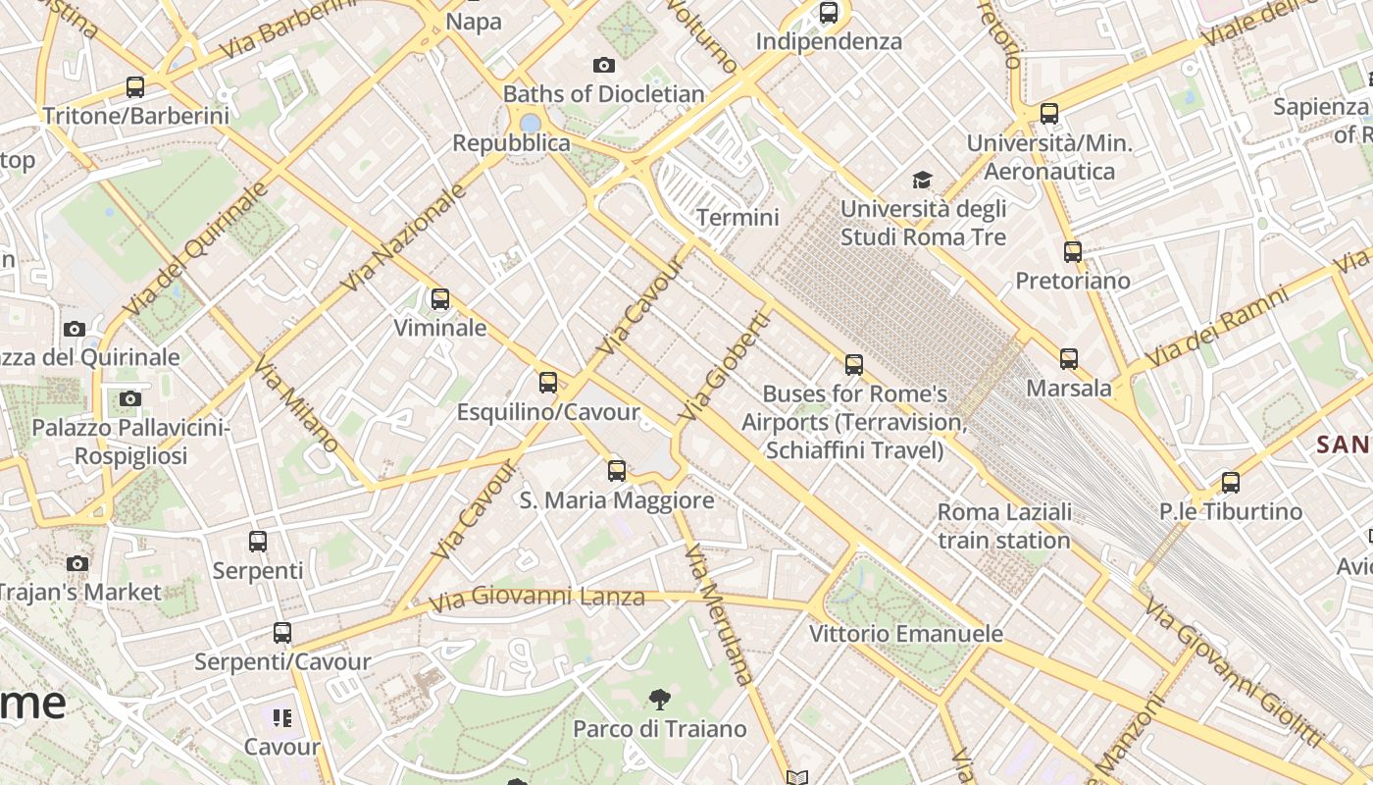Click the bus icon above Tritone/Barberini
tap(135, 86)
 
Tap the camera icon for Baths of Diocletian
tap(604, 66)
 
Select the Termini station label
tap(737, 217)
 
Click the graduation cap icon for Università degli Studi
tap(922, 180)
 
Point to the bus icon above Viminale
tap(440, 298)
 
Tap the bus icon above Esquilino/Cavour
tap(548, 383)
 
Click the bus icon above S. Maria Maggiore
tap(617, 471)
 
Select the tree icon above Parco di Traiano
tap(660, 700)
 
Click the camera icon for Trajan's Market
tap(77, 563)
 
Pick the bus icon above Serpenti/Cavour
tap(282, 633)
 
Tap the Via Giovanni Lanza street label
tap(537, 597)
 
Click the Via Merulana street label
tap(720, 613)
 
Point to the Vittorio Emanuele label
tap(906, 634)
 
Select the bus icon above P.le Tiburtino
tap(1231, 482)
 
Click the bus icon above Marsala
tap(1069, 359)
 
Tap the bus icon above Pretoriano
tap(1073, 252)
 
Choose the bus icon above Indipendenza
tap(829, 13)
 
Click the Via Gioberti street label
tap(725, 367)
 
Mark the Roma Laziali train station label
tap(1004, 526)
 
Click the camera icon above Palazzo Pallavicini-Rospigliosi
tap(130, 398)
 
